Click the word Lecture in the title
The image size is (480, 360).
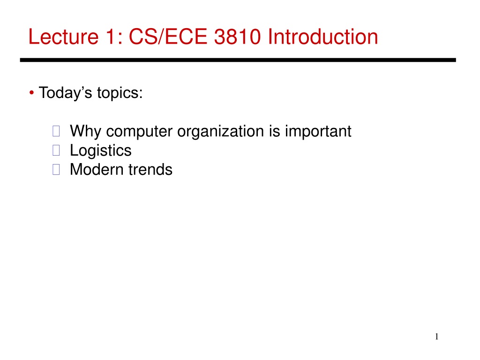(x=63, y=37)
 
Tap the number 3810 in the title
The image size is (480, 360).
(x=237, y=37)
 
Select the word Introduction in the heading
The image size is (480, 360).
(x=323, y=37)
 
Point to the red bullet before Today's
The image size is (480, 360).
(x=31, y=92)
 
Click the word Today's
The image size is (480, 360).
(x=65, y=93)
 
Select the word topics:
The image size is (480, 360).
(x=120, y=93)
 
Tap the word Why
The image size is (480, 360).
(x=85, y=132)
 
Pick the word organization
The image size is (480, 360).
(x=220, y=132)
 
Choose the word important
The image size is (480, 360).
(x=318, y=132)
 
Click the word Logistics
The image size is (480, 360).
(x=101, y=150)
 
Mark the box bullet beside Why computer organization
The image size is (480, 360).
(x=56, y=131)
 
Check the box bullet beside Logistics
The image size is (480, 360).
(x=56, y=150)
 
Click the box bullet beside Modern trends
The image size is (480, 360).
(x=56, y=169)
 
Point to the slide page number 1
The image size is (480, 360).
(x=436, y=337)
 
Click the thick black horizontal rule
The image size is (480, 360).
(x=238, y=60)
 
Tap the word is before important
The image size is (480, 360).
(x=274, y=131)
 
